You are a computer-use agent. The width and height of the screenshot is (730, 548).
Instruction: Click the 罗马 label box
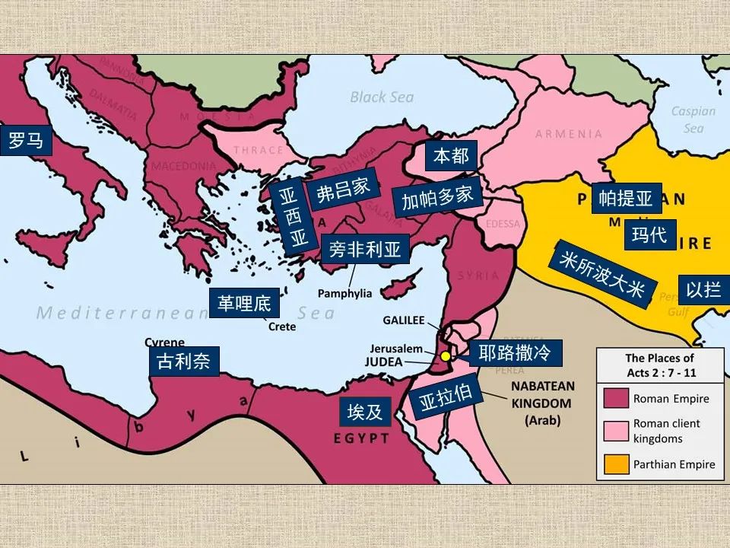pos(26,141)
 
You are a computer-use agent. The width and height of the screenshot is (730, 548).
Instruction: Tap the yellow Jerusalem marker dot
pos(446,355)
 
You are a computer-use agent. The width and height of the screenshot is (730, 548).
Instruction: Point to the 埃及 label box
pos(365,412)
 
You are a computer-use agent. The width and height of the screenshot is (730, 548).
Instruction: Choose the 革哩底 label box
pos(244,304)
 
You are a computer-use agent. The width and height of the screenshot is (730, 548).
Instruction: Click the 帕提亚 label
pos(626,199)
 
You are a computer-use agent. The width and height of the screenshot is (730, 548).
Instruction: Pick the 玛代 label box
pos(649,234)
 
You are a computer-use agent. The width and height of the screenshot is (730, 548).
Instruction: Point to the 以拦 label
pos(703,289)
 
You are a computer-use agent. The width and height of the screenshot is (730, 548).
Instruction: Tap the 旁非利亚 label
pos(365,249)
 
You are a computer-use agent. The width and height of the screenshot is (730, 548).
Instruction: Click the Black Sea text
pos(382,97)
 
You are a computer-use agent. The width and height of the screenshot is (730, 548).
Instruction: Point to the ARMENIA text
pos(568,135)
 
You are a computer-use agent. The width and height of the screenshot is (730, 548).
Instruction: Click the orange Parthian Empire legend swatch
pos(617,464)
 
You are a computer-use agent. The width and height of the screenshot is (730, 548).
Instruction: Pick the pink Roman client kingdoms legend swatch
pos(617,430)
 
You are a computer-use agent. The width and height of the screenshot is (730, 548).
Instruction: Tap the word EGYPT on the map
pos(362,438)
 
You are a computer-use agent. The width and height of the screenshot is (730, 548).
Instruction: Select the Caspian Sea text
pos(693,119)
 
